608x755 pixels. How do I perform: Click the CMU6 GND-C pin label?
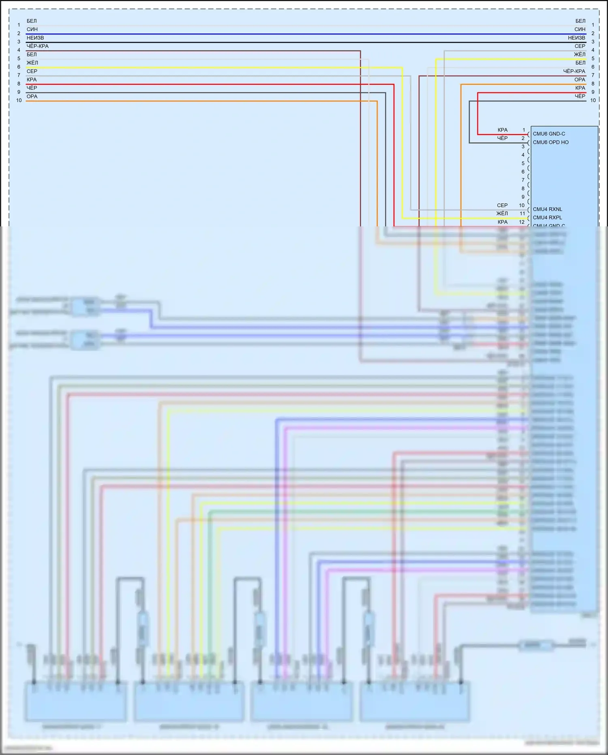point(548,134)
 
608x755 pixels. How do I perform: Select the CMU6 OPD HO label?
point(550,142)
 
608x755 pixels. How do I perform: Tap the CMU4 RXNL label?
point(547,209)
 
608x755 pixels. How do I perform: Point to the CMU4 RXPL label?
point(547,217)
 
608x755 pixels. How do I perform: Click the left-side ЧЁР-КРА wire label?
point(37,46)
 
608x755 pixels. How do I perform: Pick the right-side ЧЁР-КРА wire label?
point(574,71)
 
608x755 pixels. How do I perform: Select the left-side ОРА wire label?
point(32,97)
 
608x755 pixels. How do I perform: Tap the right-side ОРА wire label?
point(580,80)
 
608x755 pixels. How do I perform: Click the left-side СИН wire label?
point(32,29)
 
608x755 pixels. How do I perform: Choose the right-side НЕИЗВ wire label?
point(576,38)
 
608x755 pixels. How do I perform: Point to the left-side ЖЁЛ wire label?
point(32,63)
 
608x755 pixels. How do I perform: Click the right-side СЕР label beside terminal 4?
point(580,46)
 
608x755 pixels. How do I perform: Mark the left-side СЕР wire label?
point(32,71)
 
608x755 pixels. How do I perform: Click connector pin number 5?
point(523,163)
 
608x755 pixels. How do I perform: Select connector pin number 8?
point(523,189)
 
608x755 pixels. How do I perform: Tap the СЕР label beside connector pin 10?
point(502,206)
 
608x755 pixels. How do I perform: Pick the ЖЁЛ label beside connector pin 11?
point(502,214)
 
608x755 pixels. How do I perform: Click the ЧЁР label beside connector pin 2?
point(502,138)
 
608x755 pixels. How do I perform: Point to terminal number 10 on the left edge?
point(19,101)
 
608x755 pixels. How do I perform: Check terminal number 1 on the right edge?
point(593,25)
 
